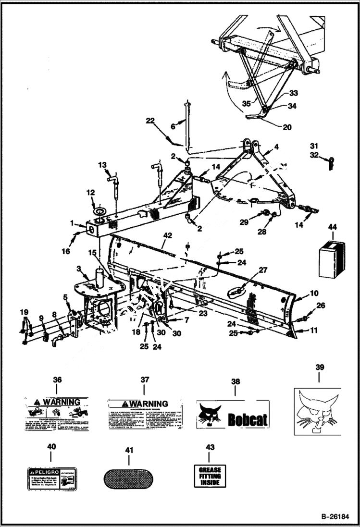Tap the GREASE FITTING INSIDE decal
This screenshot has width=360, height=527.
(210, 476)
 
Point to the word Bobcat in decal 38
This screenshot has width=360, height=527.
(247, 420)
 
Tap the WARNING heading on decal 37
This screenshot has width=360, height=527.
(145, 404)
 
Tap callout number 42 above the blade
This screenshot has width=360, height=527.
(167, 236)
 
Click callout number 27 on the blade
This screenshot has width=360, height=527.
(263, 270)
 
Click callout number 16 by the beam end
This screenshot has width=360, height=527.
(66, 251)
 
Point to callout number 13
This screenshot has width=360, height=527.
(102, 165)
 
